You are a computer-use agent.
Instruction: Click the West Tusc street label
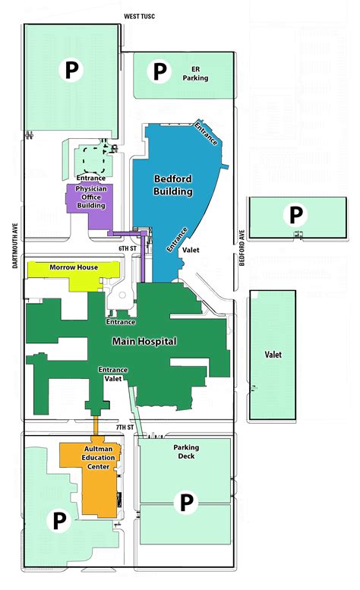click(139, 16)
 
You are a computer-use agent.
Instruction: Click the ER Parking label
click(195, 73)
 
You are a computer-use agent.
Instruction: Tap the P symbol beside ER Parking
click(159, 72)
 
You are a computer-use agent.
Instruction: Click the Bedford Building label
click(173, 185)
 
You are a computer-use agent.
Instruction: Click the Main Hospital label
click(144, 342)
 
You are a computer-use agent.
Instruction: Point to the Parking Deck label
click(185, 452)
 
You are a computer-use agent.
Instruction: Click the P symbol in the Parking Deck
click(186, 501)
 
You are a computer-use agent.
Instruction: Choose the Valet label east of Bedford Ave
click(273, 354)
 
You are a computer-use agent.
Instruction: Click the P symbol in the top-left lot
click(72, 71)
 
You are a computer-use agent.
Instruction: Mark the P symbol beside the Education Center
click(57, 521)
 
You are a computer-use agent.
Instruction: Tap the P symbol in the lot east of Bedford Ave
click(295, 213)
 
